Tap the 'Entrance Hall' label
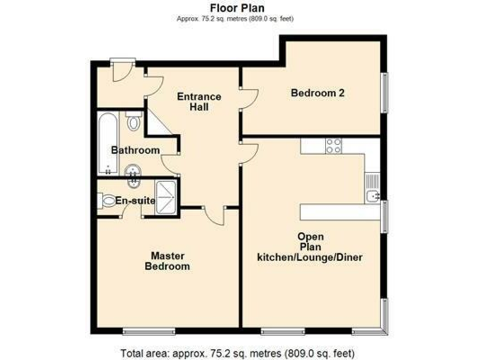[x=199, y=101]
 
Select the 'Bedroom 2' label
[x=318, y=93]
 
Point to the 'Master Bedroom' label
[x=167, y=261]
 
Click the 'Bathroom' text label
[x=135, y=150]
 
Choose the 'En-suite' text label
[x=135, y=201]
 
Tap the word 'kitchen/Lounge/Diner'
[x=311, y=257]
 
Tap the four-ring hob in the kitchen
[x=333, y=146]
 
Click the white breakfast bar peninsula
[x=340, y=212]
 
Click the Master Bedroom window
[x=149, y=329]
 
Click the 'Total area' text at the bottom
[x=239, y=351]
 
